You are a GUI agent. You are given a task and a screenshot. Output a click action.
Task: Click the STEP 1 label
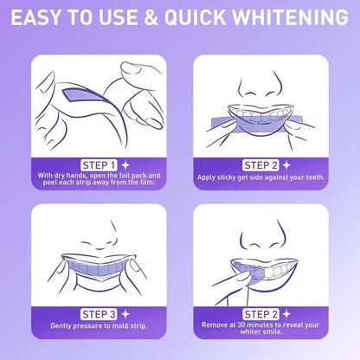click(x=99, y=164)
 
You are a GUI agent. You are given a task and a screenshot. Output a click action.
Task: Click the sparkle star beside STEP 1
click(x=125, y=164)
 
